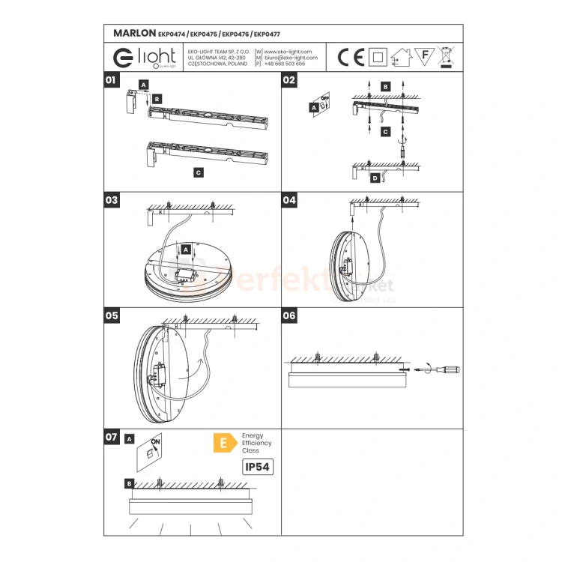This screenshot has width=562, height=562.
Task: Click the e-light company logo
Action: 144,57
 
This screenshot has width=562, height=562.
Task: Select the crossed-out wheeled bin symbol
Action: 447,56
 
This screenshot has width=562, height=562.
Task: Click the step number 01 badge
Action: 111,79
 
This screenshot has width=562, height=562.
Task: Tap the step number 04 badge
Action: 289,200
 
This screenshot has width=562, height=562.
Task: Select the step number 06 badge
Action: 289,315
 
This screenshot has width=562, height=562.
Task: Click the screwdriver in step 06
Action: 442,369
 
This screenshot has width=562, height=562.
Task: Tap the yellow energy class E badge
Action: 223,443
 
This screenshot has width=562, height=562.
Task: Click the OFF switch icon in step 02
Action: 324,103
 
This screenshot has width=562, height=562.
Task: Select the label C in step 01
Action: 198,172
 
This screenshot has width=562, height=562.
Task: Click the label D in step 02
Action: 375,178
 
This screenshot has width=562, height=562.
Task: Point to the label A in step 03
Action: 185,248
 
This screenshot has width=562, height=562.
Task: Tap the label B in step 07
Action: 130,484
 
